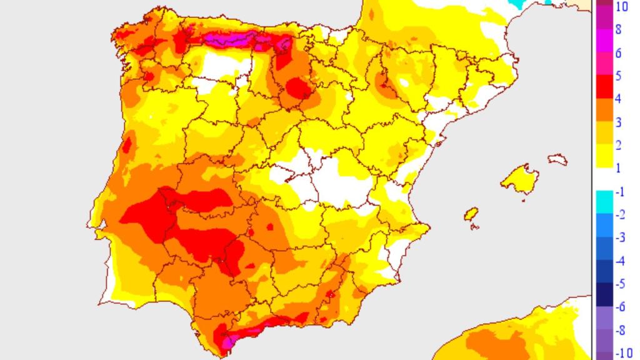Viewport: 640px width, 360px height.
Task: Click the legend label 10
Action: click(x=622, y=7)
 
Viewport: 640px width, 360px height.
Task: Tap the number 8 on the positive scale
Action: click(x=618, y=29)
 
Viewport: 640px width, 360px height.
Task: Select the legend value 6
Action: click(x=618, y=53)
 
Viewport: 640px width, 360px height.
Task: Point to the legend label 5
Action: click(x=618, y=76)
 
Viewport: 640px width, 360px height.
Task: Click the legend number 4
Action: click(x=618, y=99)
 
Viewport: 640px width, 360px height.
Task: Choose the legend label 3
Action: click(x=618, y=122)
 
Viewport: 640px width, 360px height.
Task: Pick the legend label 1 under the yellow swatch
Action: click(x=618, y=167)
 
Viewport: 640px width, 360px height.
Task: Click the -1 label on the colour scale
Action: click(x=620, y=192)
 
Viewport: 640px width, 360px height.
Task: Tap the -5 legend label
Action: click(x=620, y=284)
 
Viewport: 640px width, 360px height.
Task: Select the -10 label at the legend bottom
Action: click(x=622, y=352)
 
